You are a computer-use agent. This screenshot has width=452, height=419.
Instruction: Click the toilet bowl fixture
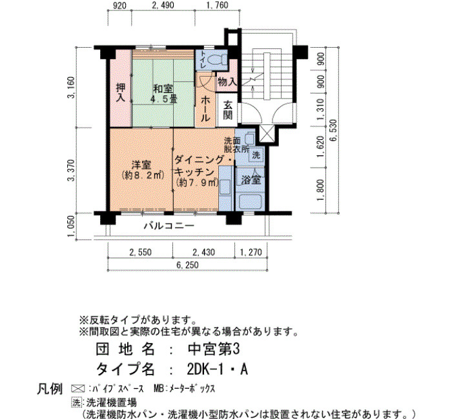[216, 59]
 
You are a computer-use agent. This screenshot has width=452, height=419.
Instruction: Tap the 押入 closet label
[121, 93]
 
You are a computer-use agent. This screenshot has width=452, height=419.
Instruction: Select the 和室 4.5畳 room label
[163, 93]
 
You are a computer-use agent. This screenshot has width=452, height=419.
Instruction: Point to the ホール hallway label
[205, 108]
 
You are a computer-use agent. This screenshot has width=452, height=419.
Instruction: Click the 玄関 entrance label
[228, 110]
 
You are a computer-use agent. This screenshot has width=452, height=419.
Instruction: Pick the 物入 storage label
[227, 82]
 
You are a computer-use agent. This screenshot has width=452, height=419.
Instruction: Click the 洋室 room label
[141, 165]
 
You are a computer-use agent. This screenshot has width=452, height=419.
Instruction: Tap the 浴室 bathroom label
[251, 180]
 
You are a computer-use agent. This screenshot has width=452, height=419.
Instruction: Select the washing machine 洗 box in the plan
[256, 155]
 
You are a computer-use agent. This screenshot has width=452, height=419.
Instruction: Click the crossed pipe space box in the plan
[267, 133]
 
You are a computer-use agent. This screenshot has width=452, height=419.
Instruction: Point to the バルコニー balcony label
[169, 226]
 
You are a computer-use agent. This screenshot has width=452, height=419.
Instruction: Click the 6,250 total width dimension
[188, 265]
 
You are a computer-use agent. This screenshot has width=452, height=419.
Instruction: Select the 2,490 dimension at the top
[163, 5]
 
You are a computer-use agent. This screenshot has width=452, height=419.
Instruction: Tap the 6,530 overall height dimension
[334, 130]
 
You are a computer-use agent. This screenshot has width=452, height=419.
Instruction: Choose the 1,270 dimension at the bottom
[251, 252]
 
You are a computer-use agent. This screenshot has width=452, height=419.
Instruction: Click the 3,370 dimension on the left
[71, 170]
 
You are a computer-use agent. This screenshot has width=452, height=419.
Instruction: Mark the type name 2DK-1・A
[218, 369]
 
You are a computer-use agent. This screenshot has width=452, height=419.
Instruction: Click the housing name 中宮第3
[214, 349]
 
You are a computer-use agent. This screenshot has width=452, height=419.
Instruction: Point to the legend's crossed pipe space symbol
[77, 389]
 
